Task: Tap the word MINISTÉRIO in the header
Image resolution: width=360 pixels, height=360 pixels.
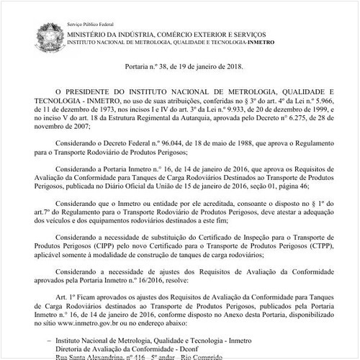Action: point(92,34)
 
